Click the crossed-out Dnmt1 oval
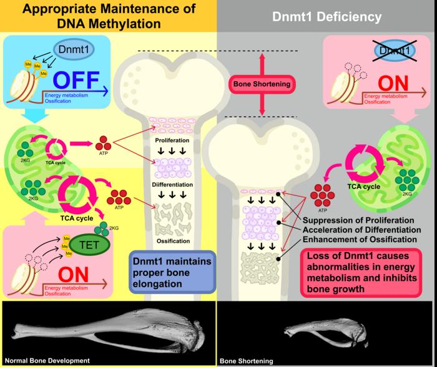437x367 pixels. tap(396, 49)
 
